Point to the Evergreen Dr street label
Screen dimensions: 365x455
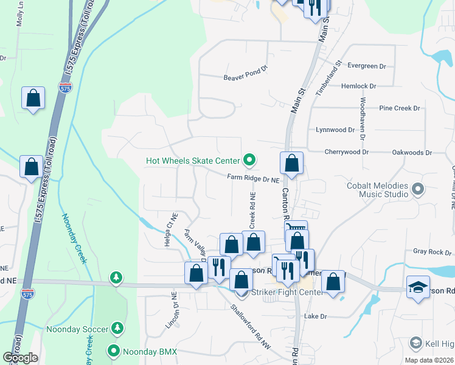(367, 66)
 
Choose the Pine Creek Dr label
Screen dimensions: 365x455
(400, 108)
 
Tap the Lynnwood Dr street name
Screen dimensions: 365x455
(335, 130)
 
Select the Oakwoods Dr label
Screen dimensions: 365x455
(412, 153)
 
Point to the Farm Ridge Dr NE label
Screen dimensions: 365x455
(252, 179)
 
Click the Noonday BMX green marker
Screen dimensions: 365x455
(113, 351)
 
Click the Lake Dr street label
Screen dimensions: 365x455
(316, 316)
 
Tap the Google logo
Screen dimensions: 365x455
(21, 358)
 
